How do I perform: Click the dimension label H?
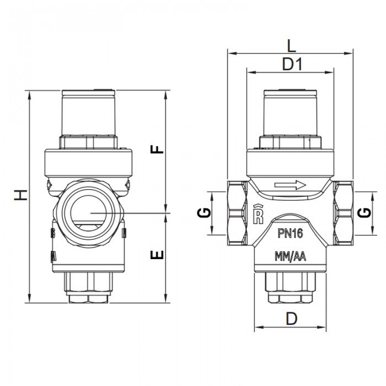pyautogui.click(x=20, y=195)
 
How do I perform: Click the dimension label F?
pyautogui.click(x=158, y=149)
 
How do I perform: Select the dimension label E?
pyautogui.click(x=158, y=254)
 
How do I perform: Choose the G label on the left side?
pyautogui.click(x=204, y=212)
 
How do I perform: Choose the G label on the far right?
pyautogui.click(x=364, y=212)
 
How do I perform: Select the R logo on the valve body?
pyautogui.click(x=257, y=214)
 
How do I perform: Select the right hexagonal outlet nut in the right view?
pyautogui.click(x=344, y=212)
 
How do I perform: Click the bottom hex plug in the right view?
pyautogui.click(x=290, y=287)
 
